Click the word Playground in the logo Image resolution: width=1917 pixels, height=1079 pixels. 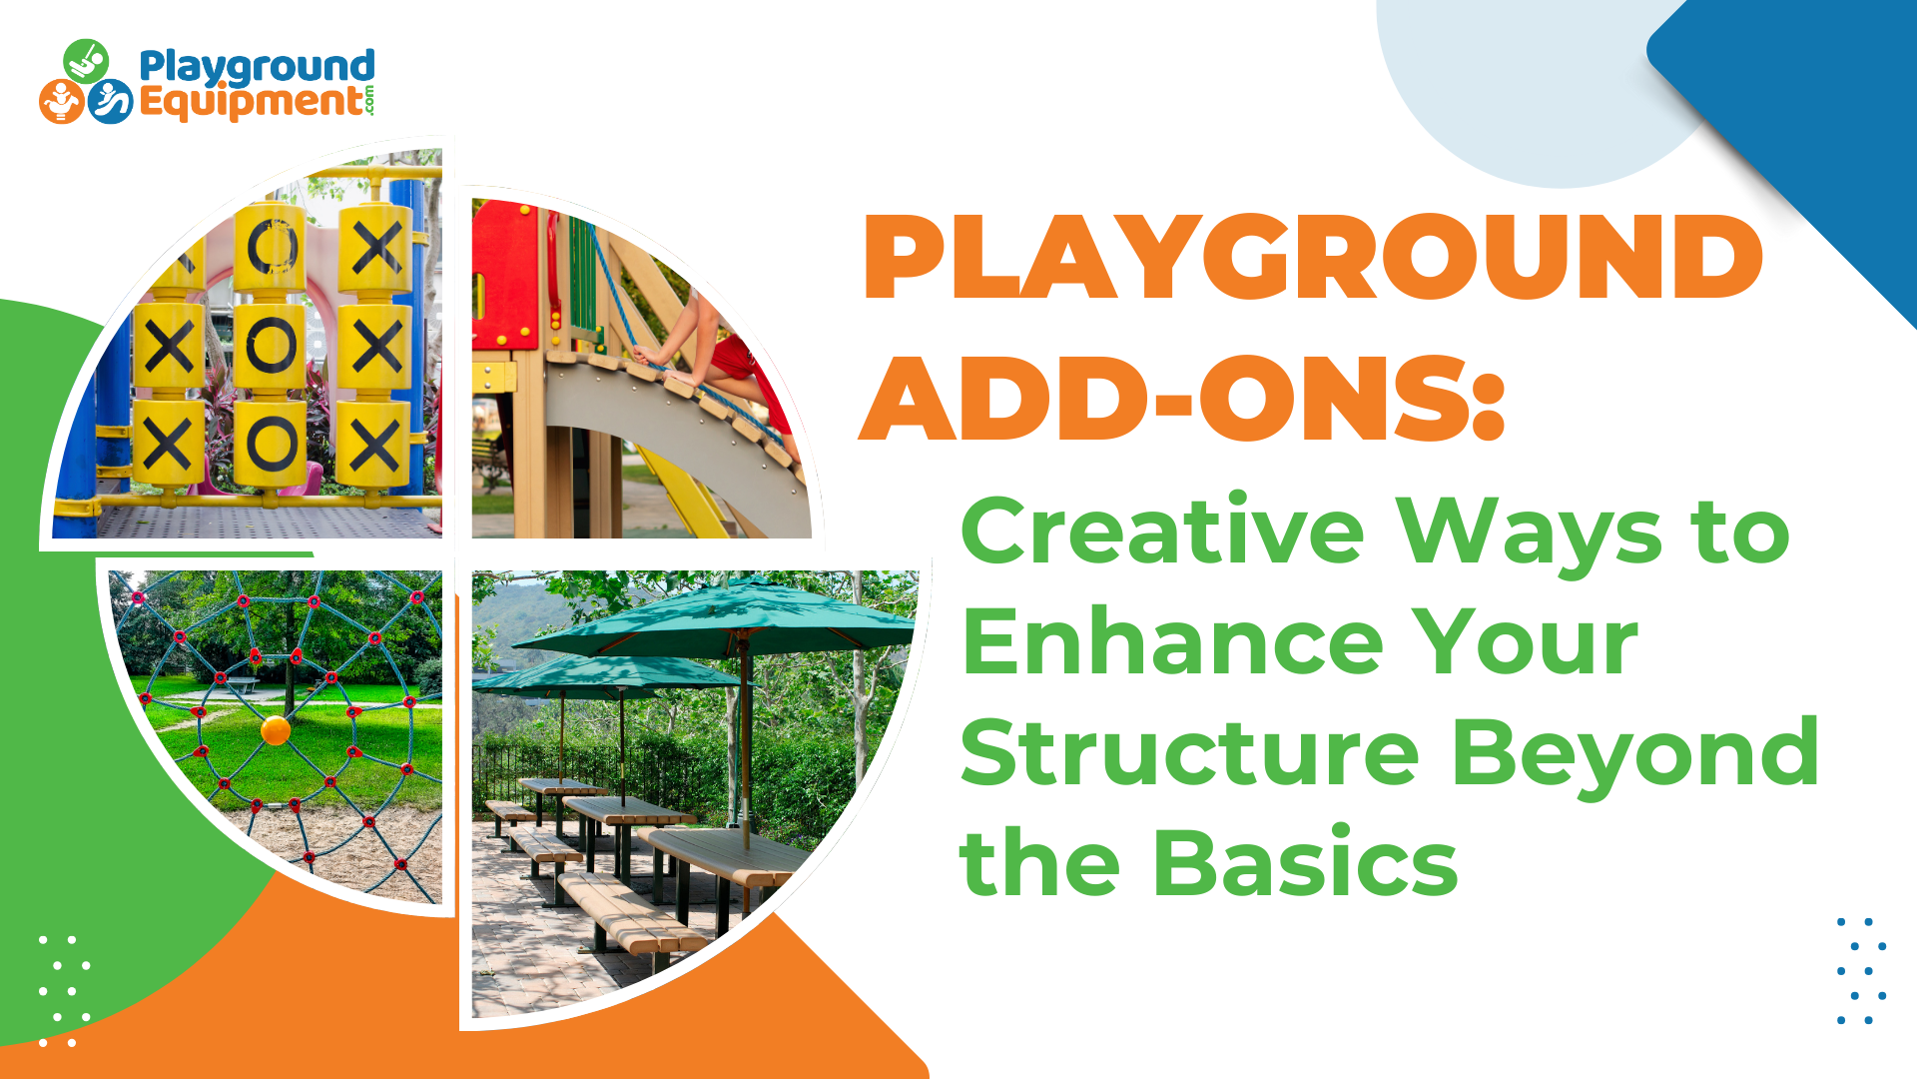coord(257,68)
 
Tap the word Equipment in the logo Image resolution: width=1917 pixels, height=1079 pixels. coord(251,103)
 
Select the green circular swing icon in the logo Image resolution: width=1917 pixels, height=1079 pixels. coord(86,60)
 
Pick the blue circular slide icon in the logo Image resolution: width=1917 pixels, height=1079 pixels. coord(110,101)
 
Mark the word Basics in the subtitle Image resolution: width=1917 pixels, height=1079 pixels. coord(1305,862)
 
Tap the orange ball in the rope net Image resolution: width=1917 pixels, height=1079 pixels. coord(276,730)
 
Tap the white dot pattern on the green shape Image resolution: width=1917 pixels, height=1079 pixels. coord(64,991)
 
